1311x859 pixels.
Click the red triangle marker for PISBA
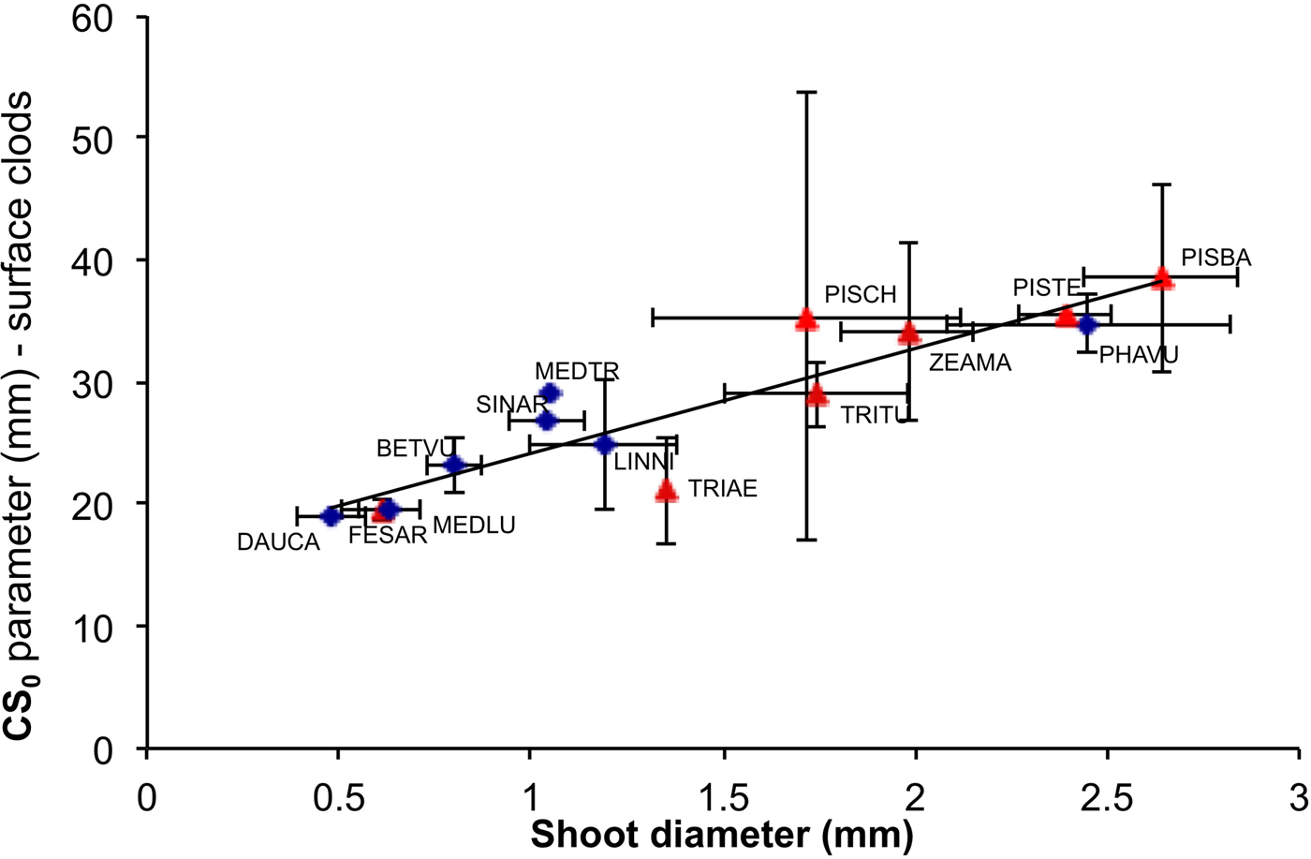click(1162, 277)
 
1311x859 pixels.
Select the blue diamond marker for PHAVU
click(1086, 325)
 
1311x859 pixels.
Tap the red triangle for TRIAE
click(666, 490)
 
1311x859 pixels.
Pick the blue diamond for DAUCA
click(331, 516)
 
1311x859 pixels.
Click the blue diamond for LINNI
click(605, 444)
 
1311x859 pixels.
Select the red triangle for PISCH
click(806, 320)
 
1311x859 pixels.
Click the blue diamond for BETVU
click(454, 465)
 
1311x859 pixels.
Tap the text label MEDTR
click(577, 372)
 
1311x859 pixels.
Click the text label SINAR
click(510, 405)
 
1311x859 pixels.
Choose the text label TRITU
click(875, 415)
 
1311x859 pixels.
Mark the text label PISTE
click(1047, 288)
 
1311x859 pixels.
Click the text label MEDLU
click(474, 526)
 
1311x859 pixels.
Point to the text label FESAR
click(388, 536)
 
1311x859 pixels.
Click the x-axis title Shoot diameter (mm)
click(721, 808)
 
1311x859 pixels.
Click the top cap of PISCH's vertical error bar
click(806, 92)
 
